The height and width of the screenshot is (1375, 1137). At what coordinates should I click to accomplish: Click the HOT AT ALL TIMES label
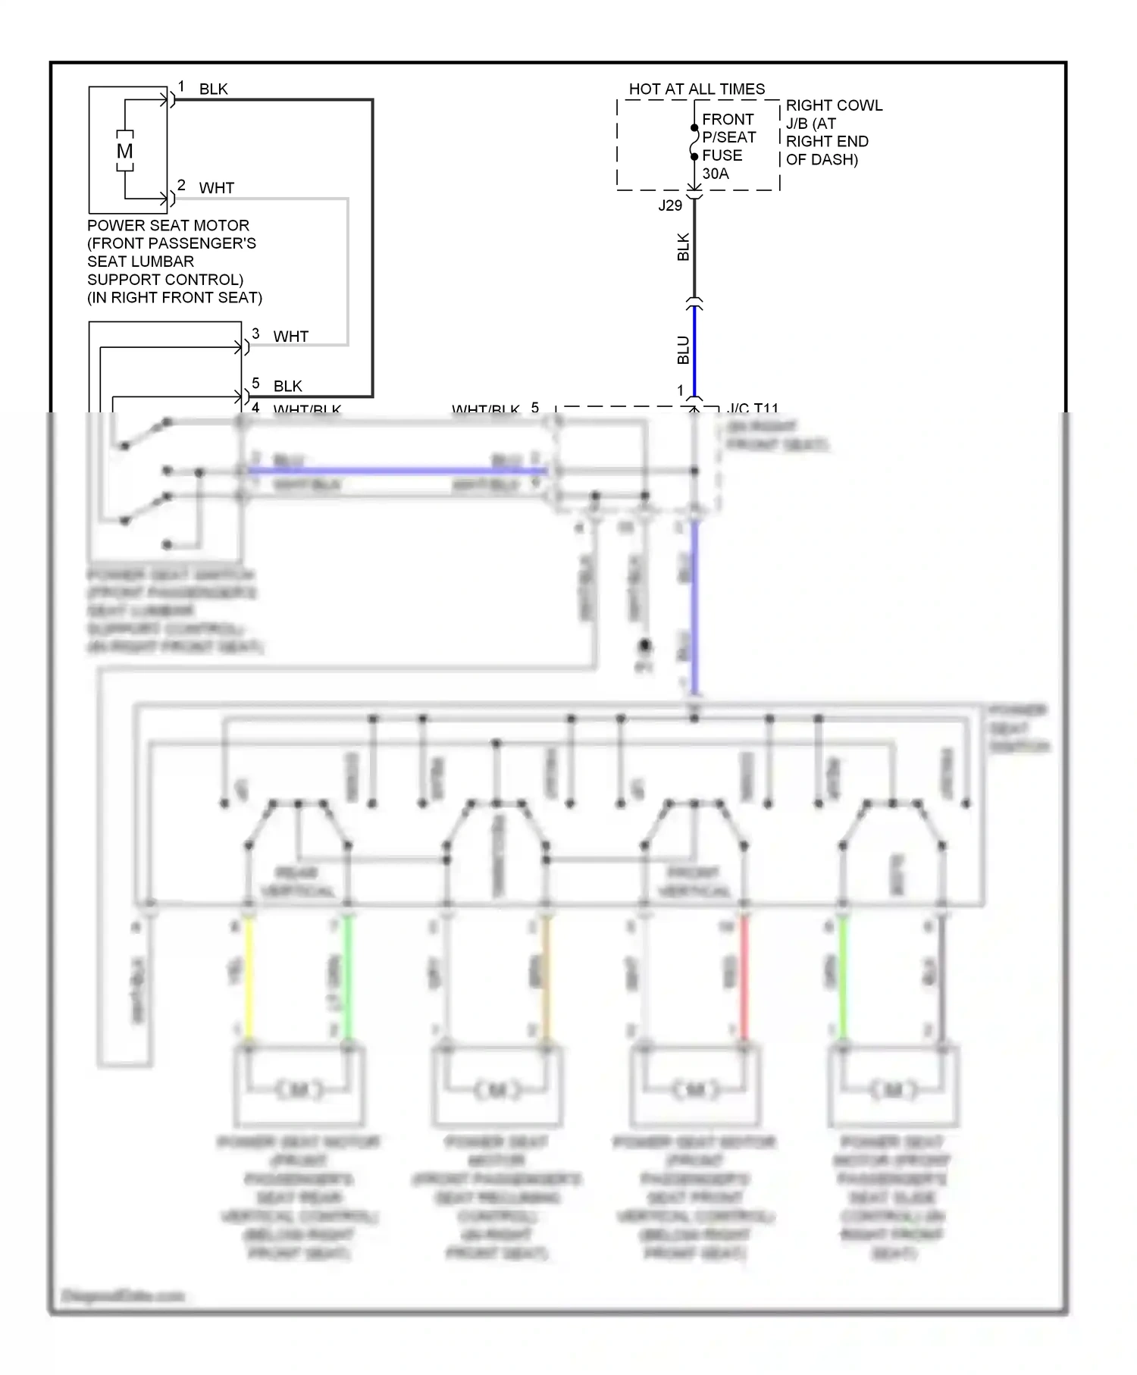tap(697, 89)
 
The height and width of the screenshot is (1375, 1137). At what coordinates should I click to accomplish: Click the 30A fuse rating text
tap(715, 174)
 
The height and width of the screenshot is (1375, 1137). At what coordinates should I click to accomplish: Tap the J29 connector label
tap(670, 205)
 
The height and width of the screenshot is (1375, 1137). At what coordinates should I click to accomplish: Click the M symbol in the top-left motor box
tap(125, 151)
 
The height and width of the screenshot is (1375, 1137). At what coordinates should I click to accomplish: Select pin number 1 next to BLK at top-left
tap(182, 86)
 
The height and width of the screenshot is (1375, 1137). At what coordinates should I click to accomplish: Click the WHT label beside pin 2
tap(217, 188)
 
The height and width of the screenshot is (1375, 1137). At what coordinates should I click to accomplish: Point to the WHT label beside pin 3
tap(291, 337)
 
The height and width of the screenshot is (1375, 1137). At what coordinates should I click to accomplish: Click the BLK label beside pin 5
tap(288, 387)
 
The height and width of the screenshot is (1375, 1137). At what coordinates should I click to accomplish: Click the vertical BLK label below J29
tap(683, 247)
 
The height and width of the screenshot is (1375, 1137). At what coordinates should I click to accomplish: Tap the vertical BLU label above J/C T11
tap(683, 350)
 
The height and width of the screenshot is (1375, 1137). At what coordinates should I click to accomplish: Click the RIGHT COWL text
tap(834, 105)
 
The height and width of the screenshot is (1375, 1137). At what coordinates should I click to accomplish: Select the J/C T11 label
tap(753, 409)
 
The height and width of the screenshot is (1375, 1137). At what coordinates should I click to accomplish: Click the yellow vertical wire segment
tap(249, 978)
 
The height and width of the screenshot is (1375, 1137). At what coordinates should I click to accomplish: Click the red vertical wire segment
tap(744, 978)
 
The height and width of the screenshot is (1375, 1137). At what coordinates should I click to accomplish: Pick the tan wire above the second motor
tap(547, 978)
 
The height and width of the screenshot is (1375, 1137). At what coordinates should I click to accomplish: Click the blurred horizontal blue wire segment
tap(394, 471)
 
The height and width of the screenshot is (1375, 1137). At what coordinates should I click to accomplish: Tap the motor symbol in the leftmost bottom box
tap(299, 1090)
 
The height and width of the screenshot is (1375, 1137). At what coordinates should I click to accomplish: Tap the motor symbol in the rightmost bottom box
tap(893, 1090)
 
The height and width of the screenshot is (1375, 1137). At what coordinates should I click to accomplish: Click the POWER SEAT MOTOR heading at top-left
tap(168, 226)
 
